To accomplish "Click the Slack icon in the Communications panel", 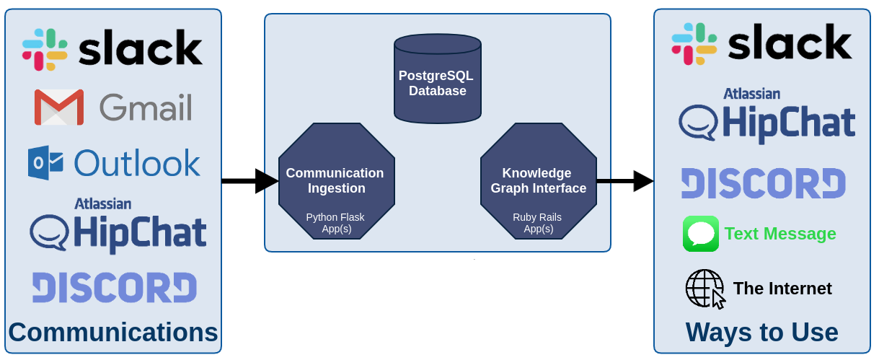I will click(45, 50).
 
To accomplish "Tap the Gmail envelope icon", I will click(59, 107).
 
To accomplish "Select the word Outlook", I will click(137, 163).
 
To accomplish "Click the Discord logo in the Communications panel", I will click(115, 287).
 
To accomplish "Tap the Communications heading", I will click(113, 333).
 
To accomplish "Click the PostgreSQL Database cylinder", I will click(437, 78).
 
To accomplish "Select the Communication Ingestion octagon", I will click(336, 180).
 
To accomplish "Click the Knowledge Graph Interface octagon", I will click(538, 180).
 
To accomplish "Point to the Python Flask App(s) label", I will click(336, 223).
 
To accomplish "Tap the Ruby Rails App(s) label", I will click(538, 223).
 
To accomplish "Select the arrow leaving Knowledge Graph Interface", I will click(624, 180).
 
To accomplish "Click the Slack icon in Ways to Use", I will click(694, 44).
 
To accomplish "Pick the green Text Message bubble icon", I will click(701, 234).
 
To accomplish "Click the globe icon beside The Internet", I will click(704, 289).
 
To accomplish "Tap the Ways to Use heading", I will click(761, 333).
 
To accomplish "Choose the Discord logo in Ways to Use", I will click(764, 183).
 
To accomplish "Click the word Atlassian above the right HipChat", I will click(752, 93).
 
